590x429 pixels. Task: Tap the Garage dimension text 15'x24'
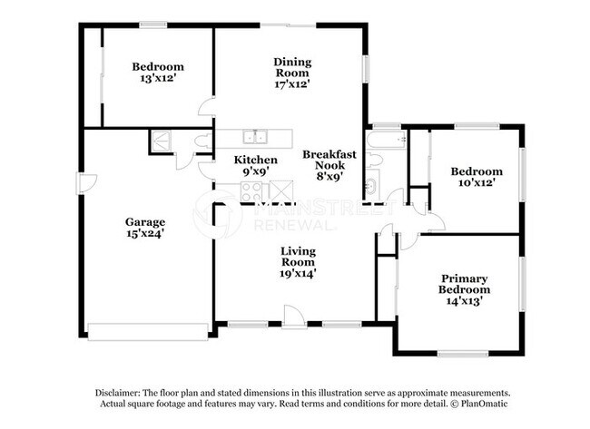coord(144,233)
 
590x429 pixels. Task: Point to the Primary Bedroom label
coord(465,284)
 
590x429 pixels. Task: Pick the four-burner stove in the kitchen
coord(251,191)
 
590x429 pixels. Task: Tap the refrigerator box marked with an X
coord(281,191)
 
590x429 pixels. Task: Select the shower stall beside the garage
coord(161,141)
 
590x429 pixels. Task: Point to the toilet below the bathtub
coord(377,161)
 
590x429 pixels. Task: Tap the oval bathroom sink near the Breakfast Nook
coord(370,188)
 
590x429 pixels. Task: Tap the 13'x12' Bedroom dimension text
coord(158,79)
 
